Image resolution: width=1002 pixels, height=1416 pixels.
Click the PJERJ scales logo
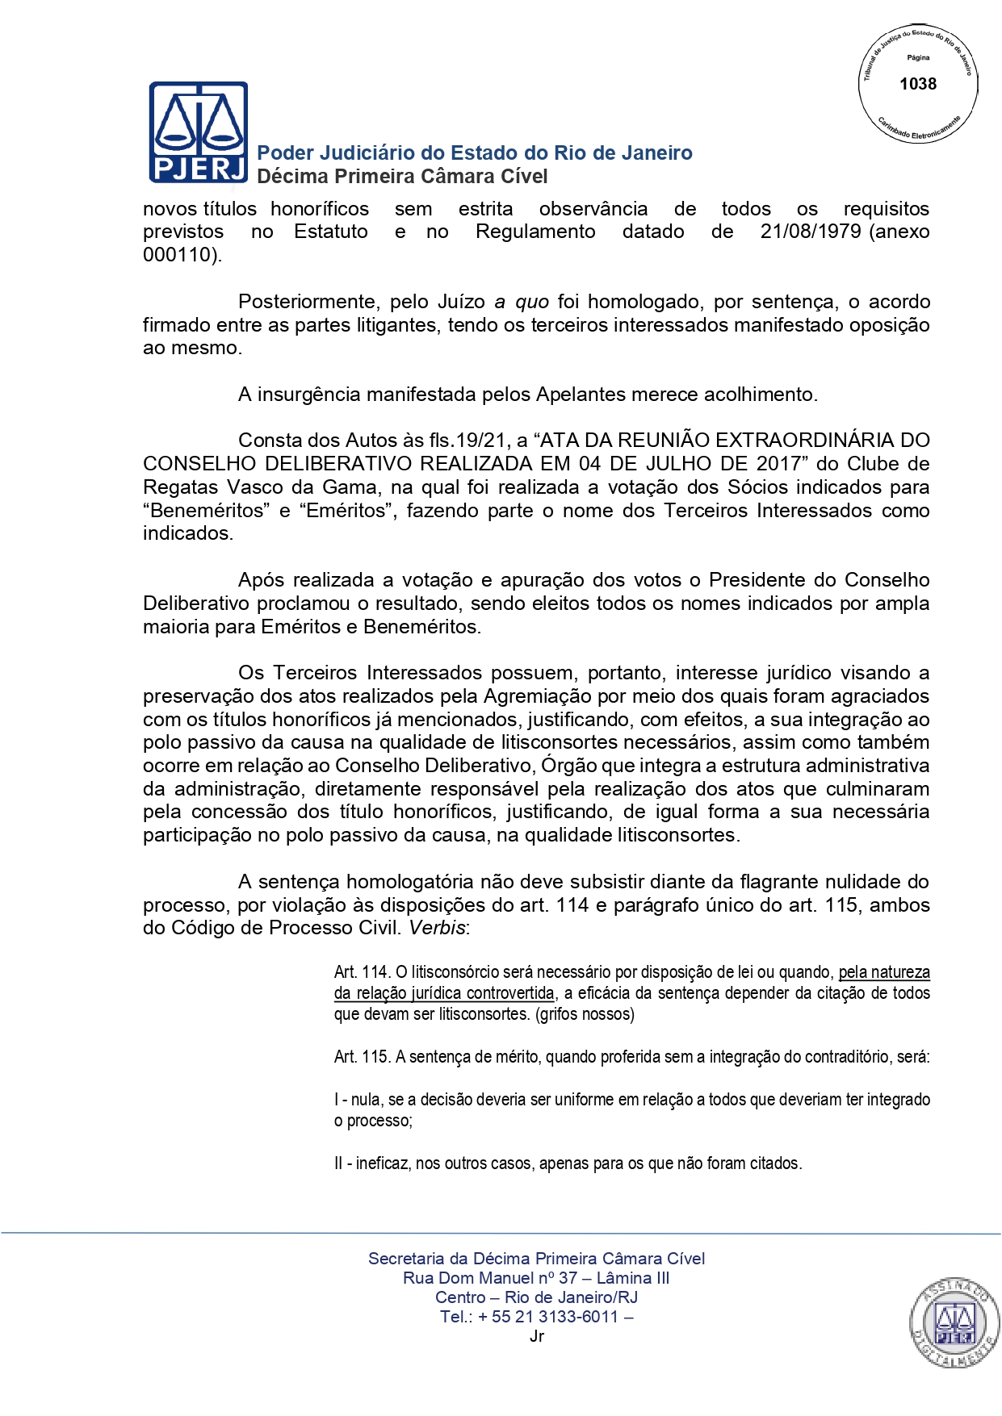tap(198, 132)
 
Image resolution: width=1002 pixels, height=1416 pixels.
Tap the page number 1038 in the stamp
tap(918, 84)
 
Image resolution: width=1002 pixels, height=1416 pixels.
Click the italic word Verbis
tap(437, 928)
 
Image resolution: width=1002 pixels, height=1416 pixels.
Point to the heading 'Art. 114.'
tap(362, 972)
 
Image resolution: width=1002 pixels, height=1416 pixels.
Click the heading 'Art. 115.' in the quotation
tap(362, 1057)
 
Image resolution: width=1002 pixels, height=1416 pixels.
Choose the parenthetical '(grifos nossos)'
tap(585, 1014)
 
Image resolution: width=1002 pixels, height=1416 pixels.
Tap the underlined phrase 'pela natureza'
tap(884, 972)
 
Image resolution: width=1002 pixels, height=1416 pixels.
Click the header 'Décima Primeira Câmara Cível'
tap(402, 177)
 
